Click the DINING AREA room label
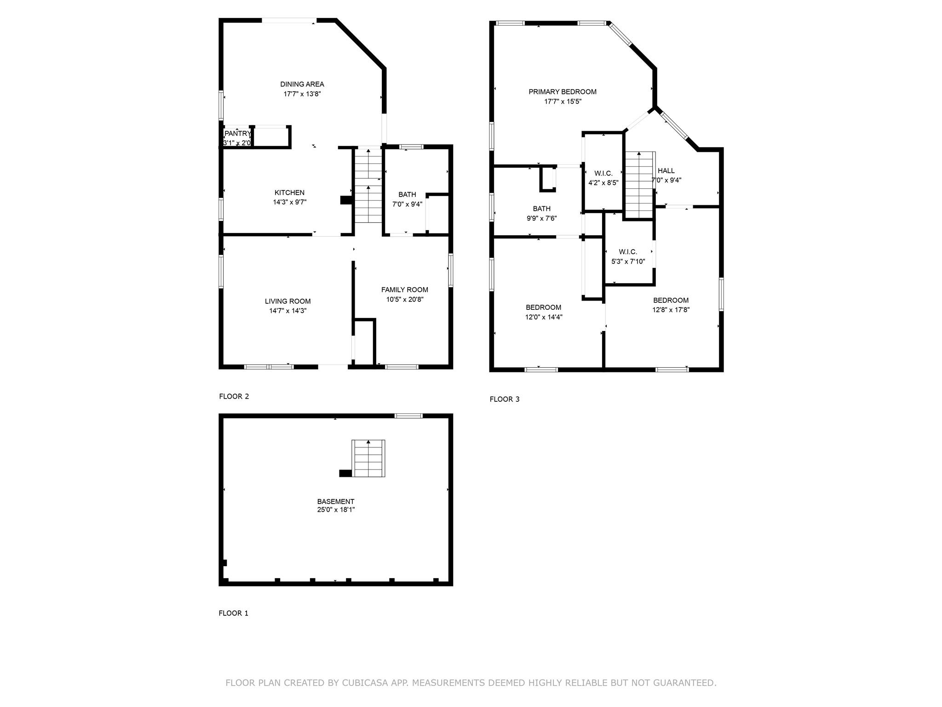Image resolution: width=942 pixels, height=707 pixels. [302, 84]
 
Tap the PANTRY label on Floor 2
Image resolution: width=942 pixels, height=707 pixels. [237, 133]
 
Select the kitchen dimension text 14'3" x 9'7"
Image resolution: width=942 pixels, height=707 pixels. [289, 202]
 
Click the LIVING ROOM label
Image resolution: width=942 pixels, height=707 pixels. [287, 301]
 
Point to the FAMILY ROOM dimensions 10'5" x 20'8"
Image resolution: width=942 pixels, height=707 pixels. [404, 299]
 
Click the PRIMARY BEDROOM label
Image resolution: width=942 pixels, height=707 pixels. [562, 92]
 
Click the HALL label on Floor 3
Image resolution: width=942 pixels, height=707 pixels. [666, 171]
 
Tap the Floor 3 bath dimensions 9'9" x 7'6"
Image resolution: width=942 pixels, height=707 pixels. [541, 218]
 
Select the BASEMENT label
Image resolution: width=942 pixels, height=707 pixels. [335, 502]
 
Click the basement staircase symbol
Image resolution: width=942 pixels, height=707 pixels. [368, 458]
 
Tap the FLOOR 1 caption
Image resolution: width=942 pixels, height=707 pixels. [233, 613]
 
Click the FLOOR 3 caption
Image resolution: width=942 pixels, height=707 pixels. [504, 399]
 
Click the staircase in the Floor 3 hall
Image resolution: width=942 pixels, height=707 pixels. [639, 184]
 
